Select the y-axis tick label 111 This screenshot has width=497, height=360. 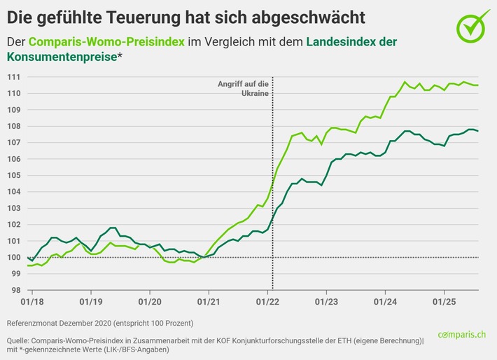click(13, 76)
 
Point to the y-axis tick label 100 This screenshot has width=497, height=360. click(13, 257)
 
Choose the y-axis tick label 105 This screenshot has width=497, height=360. click(13, 175)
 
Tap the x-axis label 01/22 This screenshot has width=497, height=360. click(268, 301)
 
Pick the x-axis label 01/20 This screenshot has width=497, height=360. click(149, 301)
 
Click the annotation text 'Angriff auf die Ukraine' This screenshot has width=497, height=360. click(244, 88)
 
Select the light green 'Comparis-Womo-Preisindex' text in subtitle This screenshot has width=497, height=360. click(106, 43)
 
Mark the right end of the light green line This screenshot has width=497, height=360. click(477, 85)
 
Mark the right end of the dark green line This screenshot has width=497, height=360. click(477, 131)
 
